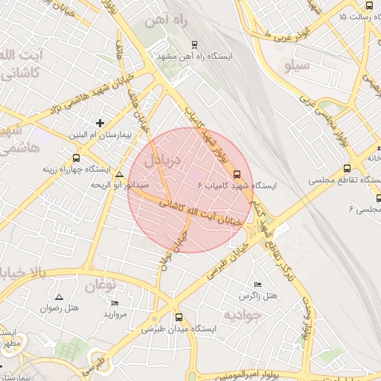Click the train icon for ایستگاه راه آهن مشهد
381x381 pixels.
coord(195,44)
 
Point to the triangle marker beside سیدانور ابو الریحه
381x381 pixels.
coord(120,174)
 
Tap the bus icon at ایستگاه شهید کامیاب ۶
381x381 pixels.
coord(237,174)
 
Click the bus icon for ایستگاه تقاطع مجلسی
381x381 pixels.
coord(347,169)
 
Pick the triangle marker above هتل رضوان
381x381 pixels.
coord(59,297)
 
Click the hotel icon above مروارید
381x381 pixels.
coord(115,303)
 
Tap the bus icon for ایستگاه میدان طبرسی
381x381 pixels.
coord(177,316)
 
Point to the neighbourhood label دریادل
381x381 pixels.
coord(158,159)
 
